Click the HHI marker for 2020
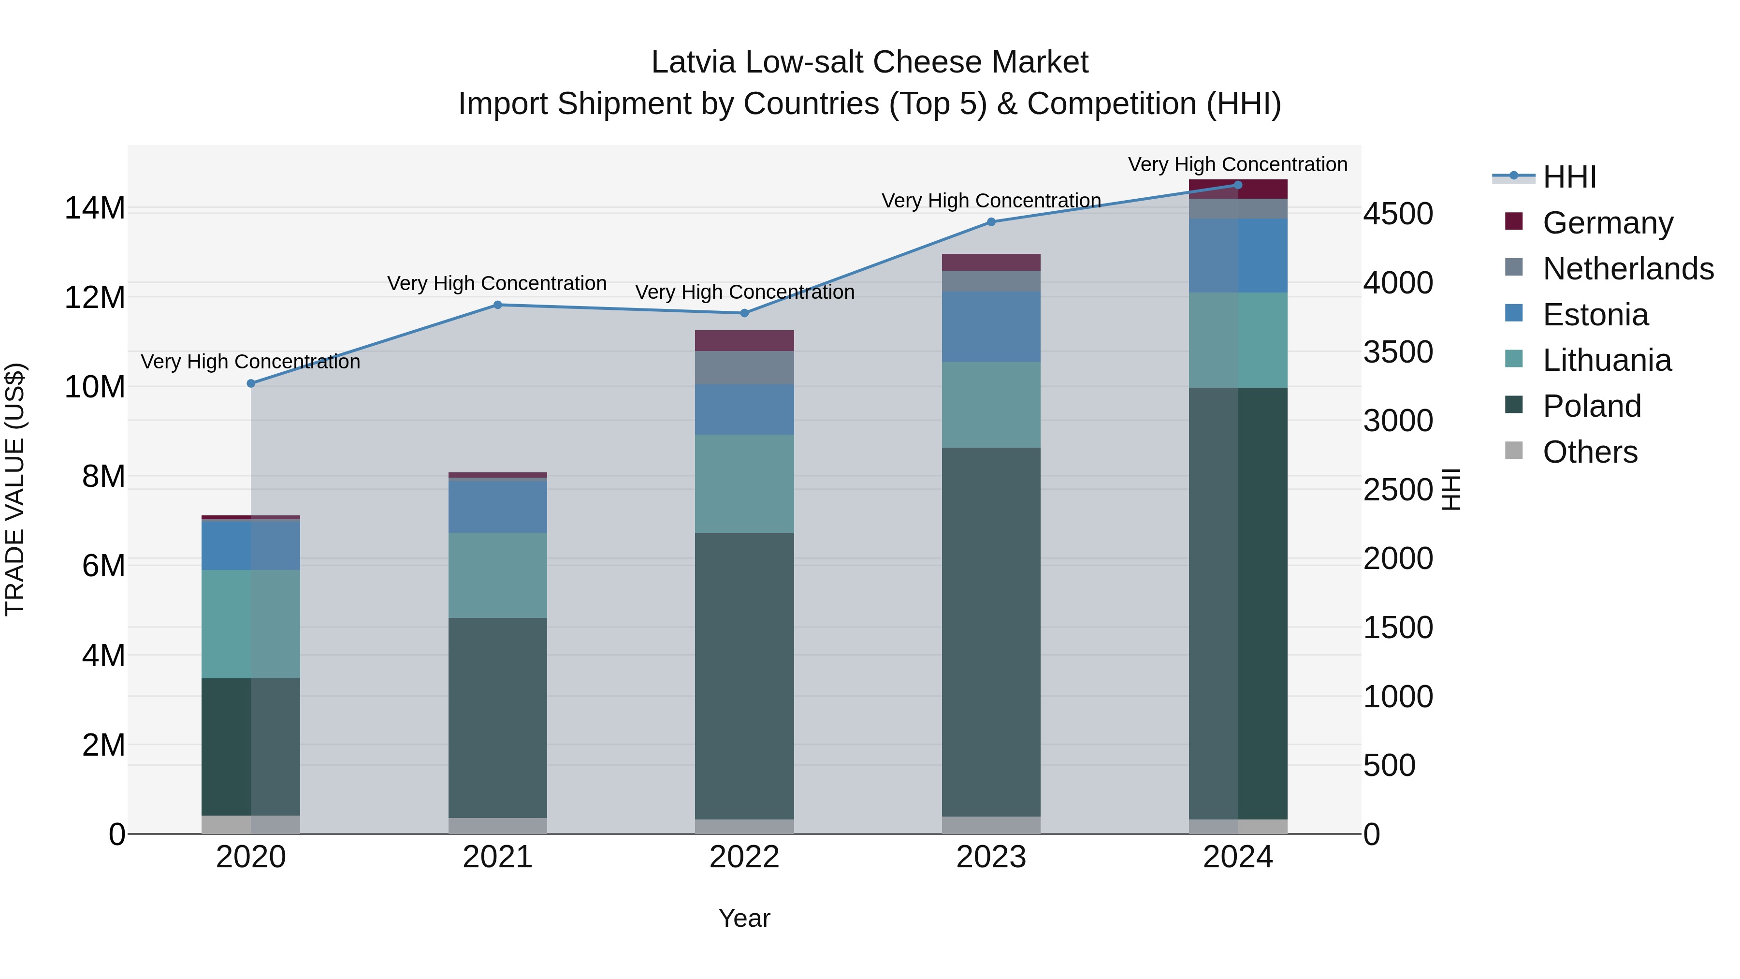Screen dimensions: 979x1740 click(x=250, y=383)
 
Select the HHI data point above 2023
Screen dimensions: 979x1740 click(x=991, y=221)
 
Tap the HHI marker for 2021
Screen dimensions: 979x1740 click(x=498, y=305)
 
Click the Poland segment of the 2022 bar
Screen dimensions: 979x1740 click(x=744, y=676)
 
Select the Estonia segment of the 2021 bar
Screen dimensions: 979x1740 click(x=498, y=507)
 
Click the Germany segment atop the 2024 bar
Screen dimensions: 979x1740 click(x=1238, y=189)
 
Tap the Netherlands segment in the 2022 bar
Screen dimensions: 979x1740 click(x=744, y=367)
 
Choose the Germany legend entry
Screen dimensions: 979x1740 click(x=1608, y=223)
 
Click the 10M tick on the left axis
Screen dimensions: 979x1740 click(x=95, y=387)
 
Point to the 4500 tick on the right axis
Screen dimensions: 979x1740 click(x=1397, y=214)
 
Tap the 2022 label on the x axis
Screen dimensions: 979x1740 click(x=744, y=857)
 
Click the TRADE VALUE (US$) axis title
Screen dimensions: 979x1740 click(x=15, y=489)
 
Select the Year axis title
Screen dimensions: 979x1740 click(x=744, y=918)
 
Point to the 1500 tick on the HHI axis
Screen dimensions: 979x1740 click(x=1397, y=628)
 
